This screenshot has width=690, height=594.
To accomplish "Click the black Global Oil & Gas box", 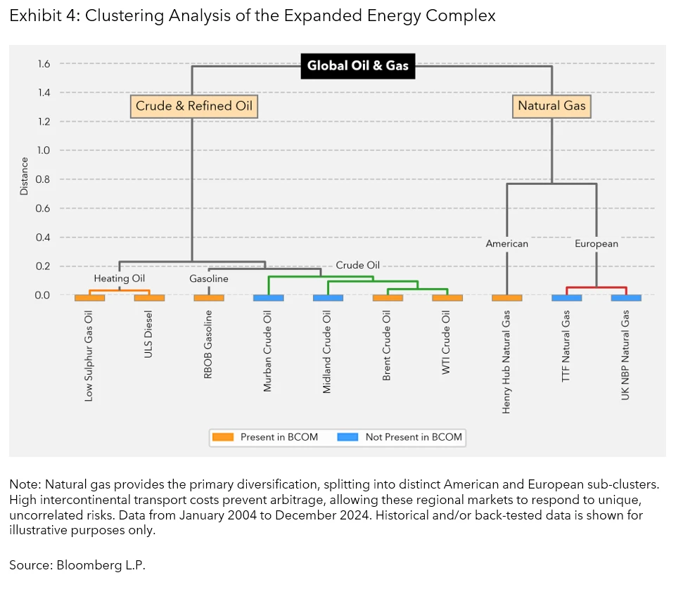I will pos(357,66).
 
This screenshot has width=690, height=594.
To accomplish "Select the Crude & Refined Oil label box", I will pos(193,106).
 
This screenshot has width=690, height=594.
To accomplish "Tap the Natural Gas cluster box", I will pos(551,106).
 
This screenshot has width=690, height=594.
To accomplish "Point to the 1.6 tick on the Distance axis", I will pos(43,64).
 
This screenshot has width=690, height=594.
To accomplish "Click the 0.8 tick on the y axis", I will pos(43,179).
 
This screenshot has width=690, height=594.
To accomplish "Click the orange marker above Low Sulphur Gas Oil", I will pos(89,298).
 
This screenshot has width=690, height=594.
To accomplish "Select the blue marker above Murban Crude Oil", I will pos(268,298).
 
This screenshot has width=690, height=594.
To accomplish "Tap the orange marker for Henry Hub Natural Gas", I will pos(506,298).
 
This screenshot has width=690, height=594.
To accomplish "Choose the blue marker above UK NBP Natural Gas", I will pos(625,298).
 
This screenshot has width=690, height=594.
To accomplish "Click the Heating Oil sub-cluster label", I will pos(120,278).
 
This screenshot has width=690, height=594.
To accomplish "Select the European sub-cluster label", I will pos(596,244).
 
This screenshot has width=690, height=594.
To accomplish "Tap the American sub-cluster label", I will pos(506,244).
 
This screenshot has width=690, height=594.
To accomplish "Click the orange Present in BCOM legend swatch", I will pos(222,437).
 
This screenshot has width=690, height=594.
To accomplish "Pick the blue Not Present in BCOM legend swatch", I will pos(347,437).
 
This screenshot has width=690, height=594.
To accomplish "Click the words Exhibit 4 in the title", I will pos(41,16).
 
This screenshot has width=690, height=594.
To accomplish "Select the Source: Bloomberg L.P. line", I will pos(77,564).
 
